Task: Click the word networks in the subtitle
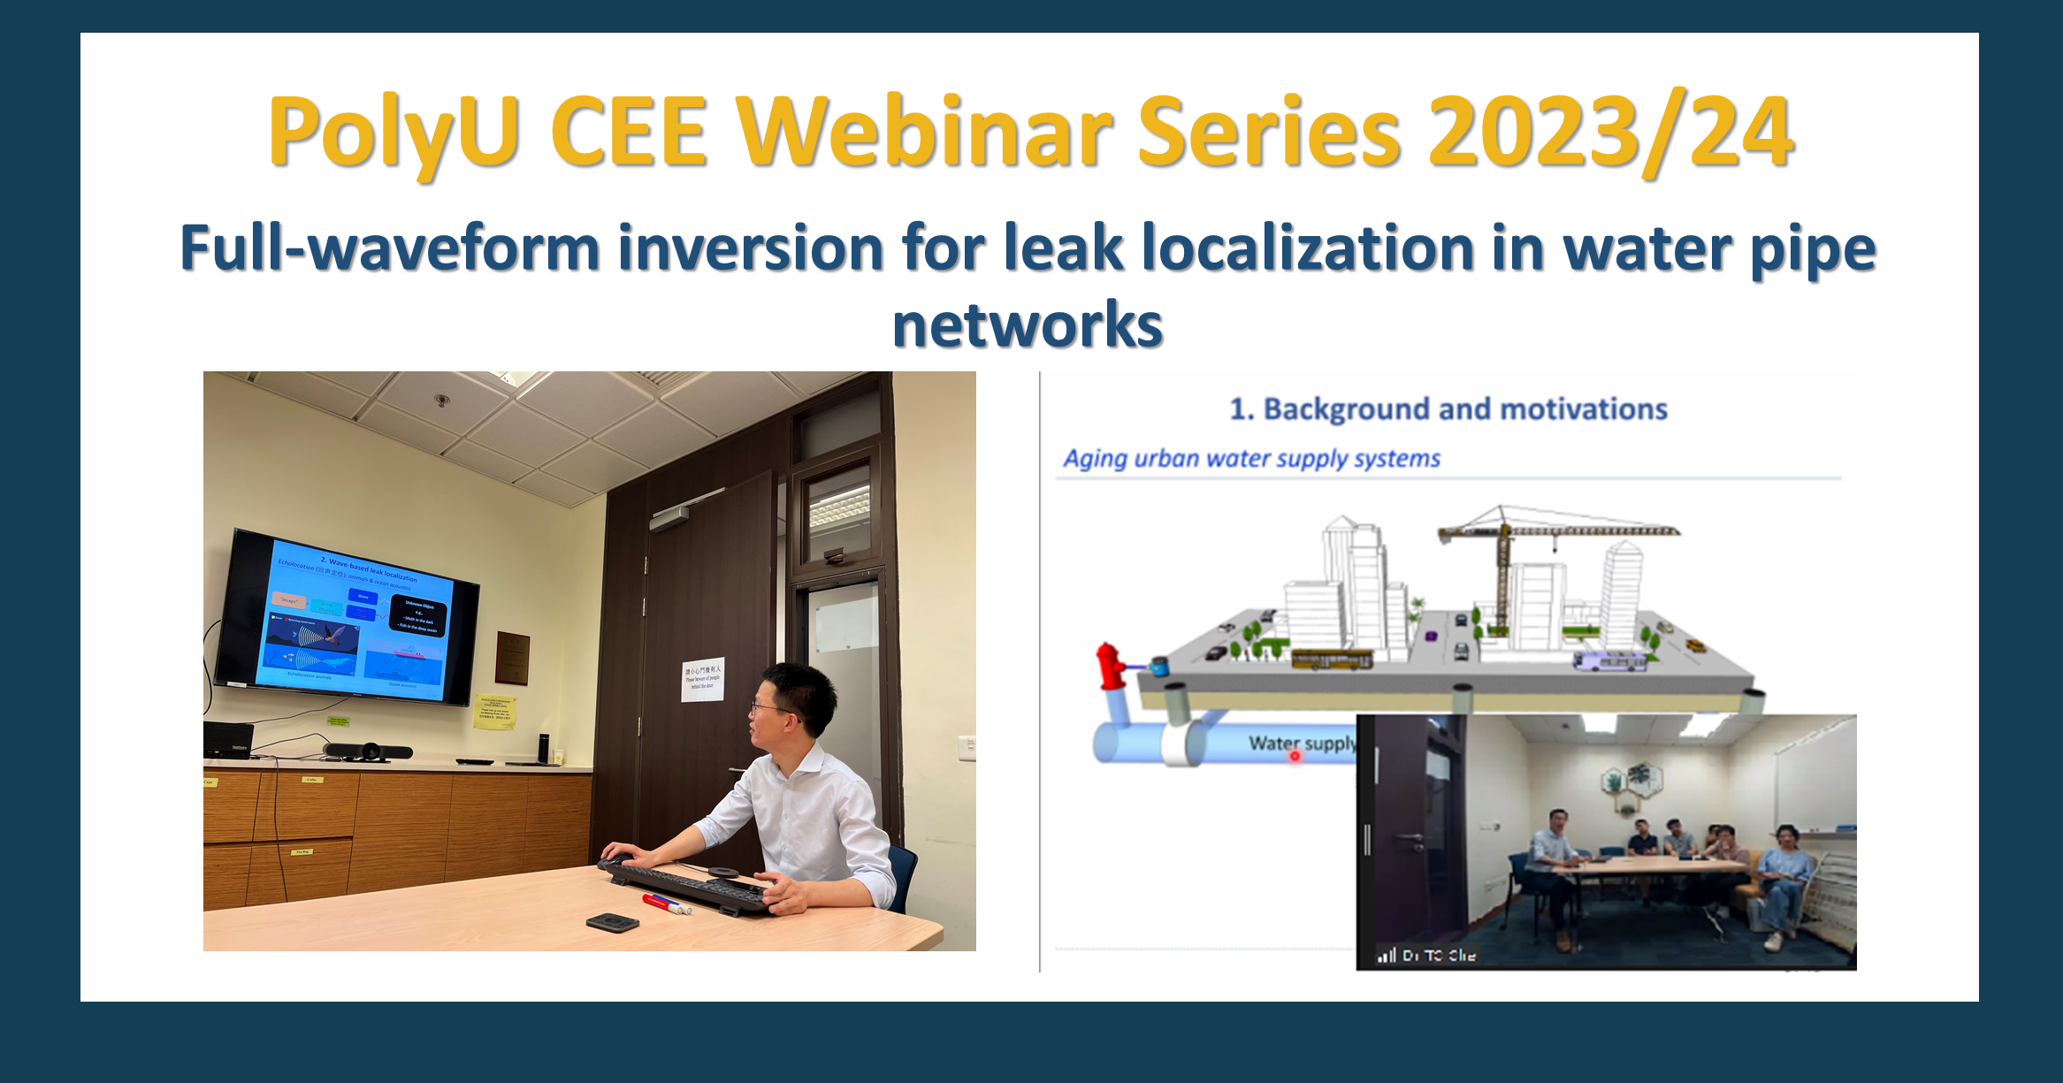(1028, 325)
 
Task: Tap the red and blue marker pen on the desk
(666, 904)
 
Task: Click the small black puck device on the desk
(612, 922)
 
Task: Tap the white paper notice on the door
(703, 679)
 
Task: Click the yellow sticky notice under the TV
(494, 713)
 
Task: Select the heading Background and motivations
(1448, 409)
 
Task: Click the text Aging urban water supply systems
(1251, 459)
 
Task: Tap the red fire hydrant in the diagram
(1109, 665)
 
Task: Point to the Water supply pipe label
(1301, 744)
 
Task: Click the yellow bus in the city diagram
(1332, 660)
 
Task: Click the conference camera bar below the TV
(367, 752)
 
